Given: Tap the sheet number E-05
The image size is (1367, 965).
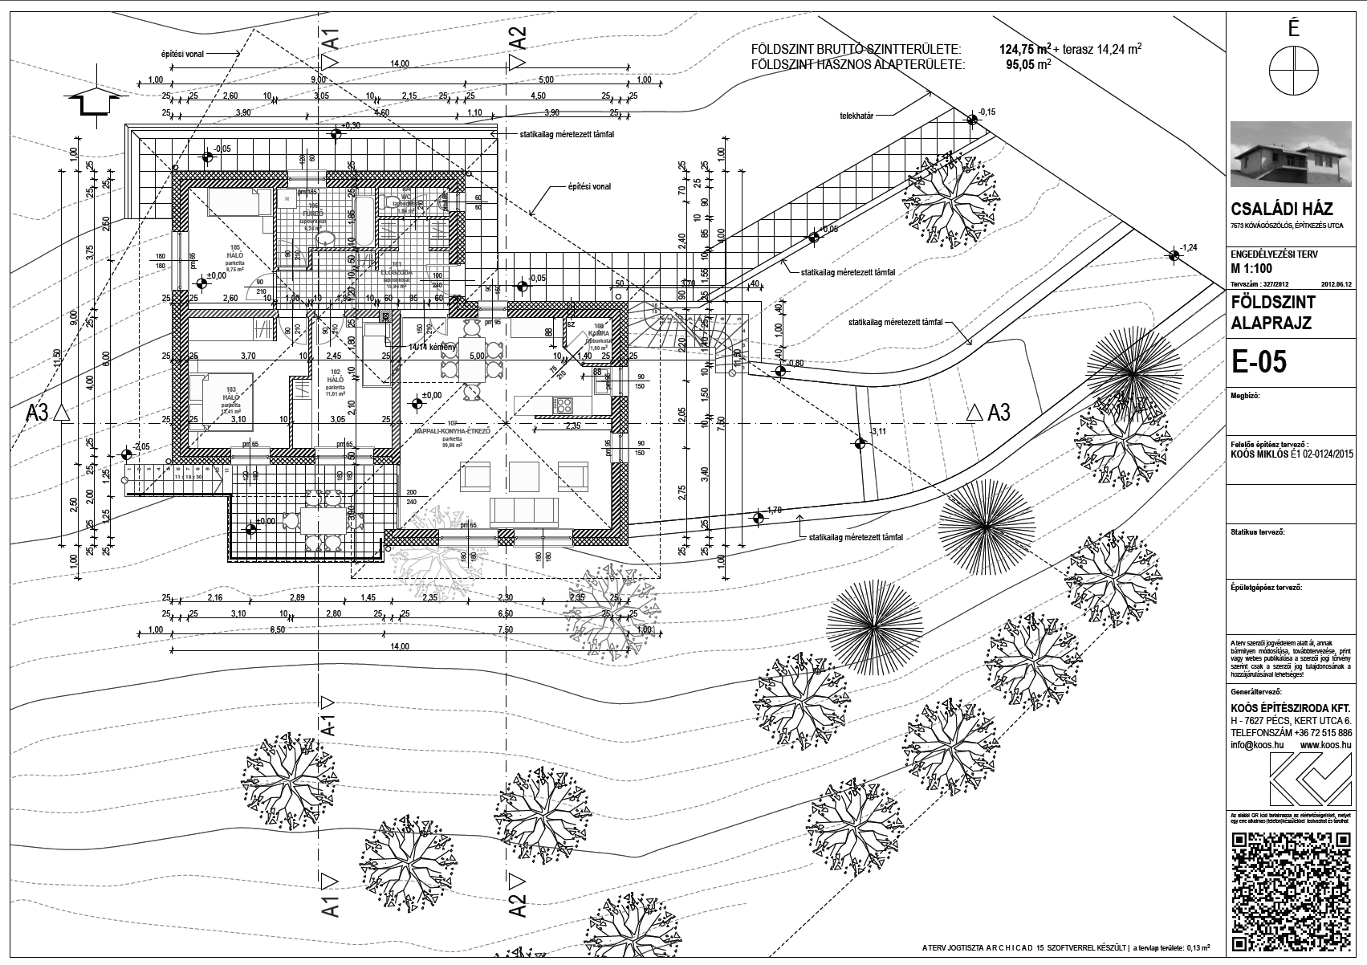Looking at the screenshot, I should (1259, 362).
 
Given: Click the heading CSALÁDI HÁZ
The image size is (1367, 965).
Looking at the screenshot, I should (1281, 210).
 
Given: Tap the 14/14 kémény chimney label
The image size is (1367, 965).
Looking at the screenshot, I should (433, 347).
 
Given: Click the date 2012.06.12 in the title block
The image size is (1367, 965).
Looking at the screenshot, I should (1336, 283).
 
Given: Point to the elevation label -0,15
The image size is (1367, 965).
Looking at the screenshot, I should (987, 112).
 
